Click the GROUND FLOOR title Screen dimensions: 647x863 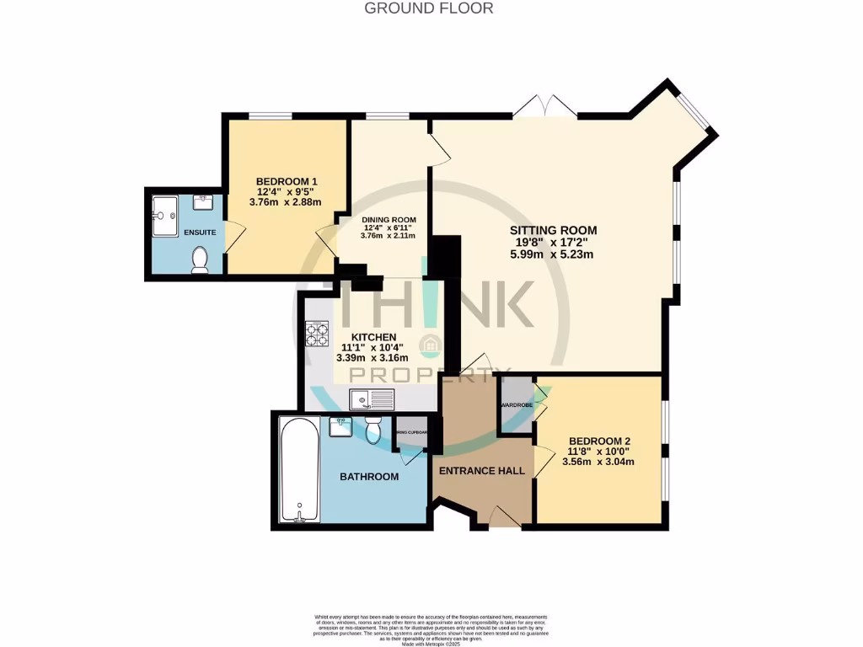coord(428,8)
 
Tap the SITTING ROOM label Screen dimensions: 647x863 coord(553,230)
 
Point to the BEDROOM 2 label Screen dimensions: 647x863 coord(599,441)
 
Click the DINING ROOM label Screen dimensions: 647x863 coord(389,220)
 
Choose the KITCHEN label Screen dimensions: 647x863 coord(368,337)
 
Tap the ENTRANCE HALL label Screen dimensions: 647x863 coord(481,471)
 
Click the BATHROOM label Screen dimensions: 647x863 coord(368,477)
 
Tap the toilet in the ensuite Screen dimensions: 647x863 coord(201,260)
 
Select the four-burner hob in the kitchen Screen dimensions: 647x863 coord(317,334)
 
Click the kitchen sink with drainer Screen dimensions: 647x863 coord(373,398)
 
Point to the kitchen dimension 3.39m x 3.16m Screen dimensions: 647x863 coord(369,357)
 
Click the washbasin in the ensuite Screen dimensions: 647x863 coord(202,202)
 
